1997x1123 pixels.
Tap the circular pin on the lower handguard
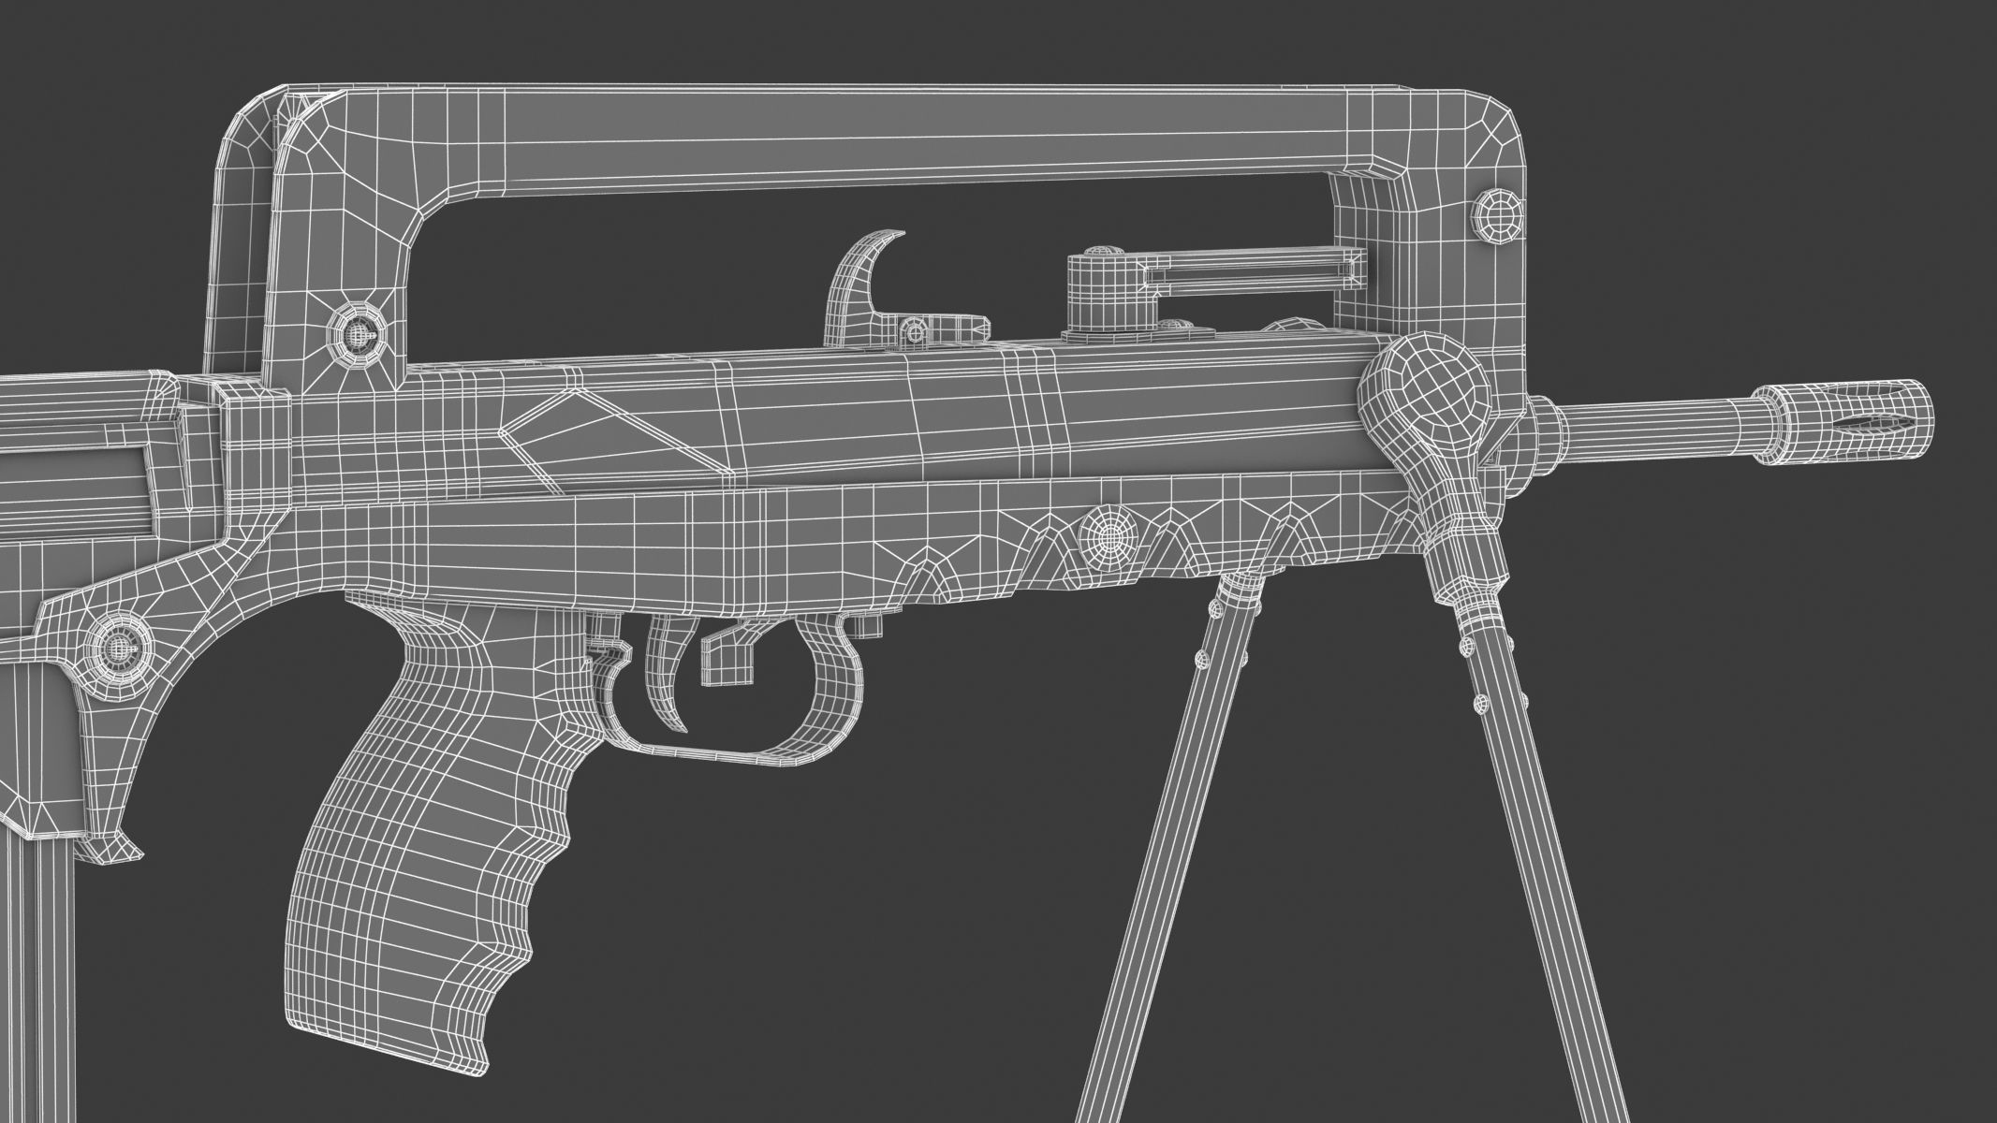1109,534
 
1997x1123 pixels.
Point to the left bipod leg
1161,842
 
